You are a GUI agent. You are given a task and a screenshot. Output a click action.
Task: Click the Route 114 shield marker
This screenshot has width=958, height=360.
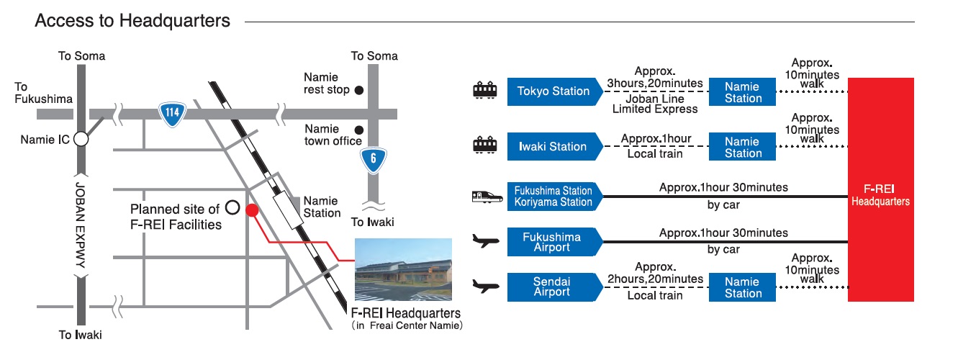coord(170,114)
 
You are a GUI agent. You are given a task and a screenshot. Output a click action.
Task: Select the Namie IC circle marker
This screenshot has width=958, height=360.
coord(81,139)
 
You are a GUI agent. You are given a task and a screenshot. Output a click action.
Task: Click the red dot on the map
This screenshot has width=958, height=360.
coord(252,210)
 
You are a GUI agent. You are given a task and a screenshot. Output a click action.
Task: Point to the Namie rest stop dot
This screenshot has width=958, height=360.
coord(358,90)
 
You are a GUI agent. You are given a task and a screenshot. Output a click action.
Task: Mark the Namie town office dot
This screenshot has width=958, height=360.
coord(358,130)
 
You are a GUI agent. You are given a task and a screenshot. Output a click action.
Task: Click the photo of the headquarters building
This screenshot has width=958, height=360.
coord(403,270)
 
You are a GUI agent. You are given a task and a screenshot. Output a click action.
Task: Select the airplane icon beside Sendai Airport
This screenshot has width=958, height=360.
coord(484,287)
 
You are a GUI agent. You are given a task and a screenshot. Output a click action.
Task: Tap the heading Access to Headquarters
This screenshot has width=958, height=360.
coord(132,21)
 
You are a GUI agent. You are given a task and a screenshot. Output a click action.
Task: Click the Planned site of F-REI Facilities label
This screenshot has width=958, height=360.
coord(175,217)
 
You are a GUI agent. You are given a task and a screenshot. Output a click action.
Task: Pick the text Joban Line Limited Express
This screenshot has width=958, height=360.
coord(654,103)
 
